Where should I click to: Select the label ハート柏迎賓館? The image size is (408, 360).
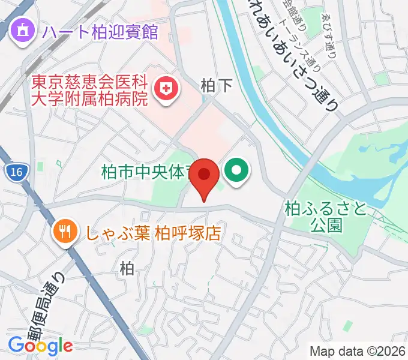pos(100,31)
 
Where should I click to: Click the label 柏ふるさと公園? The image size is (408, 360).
pos(326,217)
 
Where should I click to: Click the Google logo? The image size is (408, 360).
pos(40,345)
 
